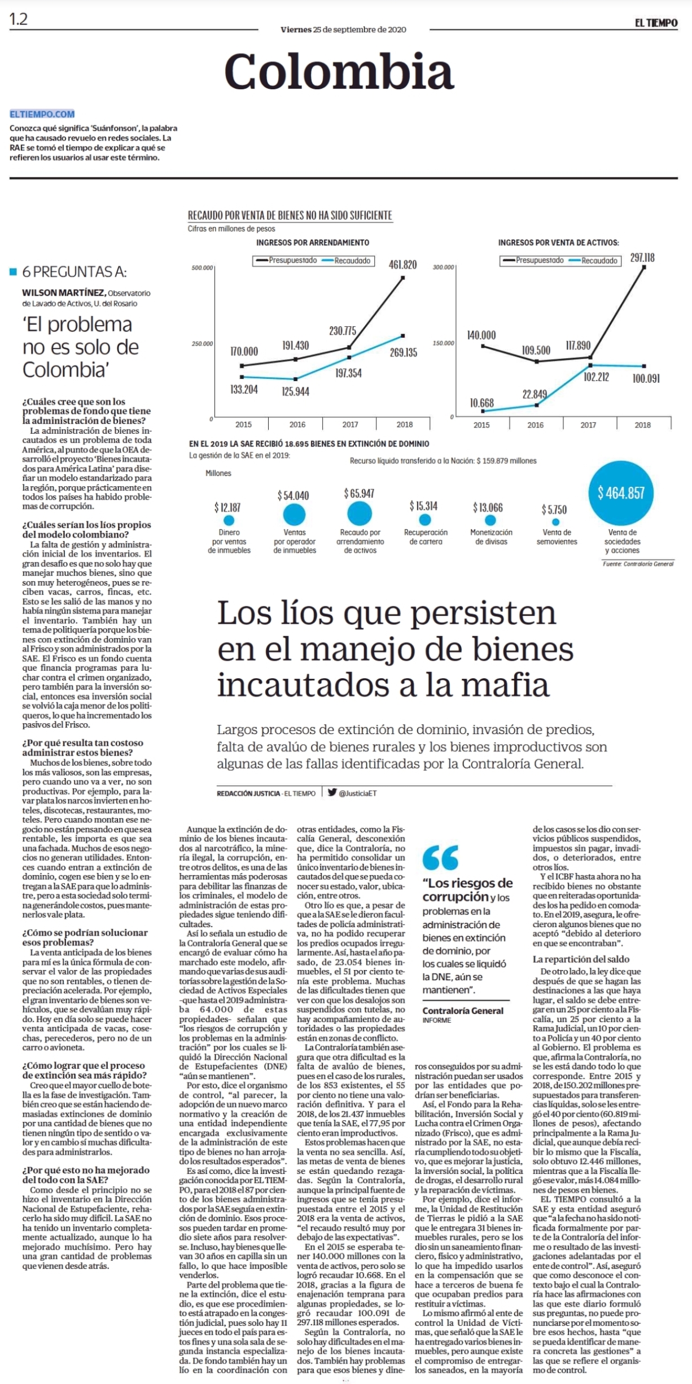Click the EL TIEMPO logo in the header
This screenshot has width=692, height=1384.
[x=656, y=23]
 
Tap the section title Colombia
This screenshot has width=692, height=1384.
[x=339, y=71]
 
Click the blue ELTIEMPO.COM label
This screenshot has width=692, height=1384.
[x=42, y=114]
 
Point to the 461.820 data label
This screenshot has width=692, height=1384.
[x=402, y=264]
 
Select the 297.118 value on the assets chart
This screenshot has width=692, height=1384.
[x=642, y=257]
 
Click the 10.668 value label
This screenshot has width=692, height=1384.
[x=481, y=403]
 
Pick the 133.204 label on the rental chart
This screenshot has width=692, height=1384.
[x=244, y=389]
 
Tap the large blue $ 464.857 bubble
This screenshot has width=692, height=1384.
[x=620, y=492]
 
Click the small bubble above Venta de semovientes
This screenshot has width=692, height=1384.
[x=556, y=522]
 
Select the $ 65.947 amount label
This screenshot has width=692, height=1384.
[x=359, y=494]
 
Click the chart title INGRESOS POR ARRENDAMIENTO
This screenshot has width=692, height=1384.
[x=313, y=242]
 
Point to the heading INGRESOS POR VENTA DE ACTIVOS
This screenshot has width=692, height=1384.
[x=558, y=242]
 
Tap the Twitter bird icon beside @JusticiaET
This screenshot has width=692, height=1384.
[x=332, y=792]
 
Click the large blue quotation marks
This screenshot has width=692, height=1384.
[x=440, y=857]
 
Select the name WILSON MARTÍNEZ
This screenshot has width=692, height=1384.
[x=63, y=292]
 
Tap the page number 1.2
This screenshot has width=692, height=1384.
[x=18, y=20]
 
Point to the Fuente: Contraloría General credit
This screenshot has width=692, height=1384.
[x=638, y=564]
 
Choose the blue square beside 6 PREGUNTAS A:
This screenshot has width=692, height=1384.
[x=14, y=272]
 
